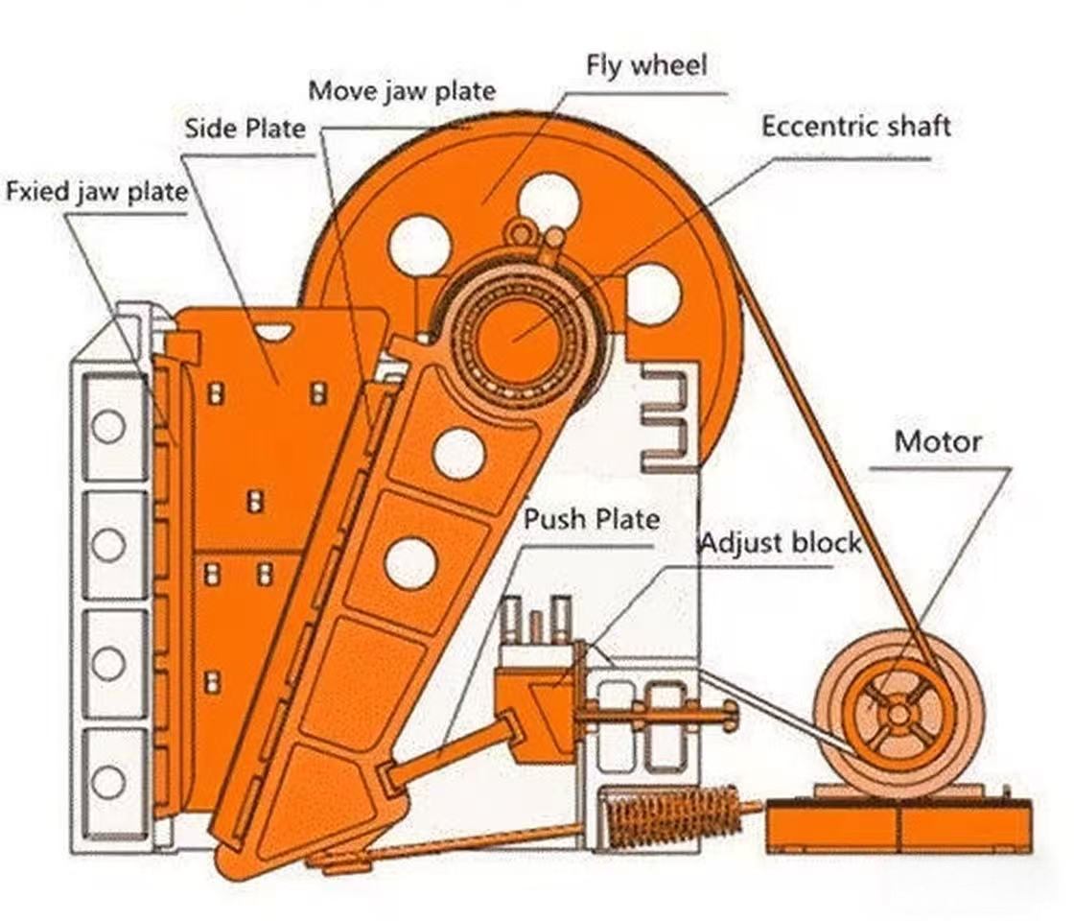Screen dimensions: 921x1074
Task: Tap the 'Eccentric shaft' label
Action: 855,127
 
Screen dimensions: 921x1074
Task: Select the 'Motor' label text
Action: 937,443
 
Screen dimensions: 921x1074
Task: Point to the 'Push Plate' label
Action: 591,520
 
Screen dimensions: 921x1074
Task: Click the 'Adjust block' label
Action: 780,543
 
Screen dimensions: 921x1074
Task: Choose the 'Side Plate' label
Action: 245,129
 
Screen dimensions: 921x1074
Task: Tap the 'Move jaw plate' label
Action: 402,91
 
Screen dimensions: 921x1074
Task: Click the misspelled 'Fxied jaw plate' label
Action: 96,191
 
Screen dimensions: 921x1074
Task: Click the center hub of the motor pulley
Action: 897,713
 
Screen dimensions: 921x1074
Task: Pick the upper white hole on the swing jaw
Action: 458,454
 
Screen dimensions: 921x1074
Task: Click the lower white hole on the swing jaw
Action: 410,563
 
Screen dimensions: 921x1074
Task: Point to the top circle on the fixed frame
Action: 108,426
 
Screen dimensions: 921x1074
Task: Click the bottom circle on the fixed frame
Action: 108,782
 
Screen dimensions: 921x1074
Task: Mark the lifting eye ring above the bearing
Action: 521,231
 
